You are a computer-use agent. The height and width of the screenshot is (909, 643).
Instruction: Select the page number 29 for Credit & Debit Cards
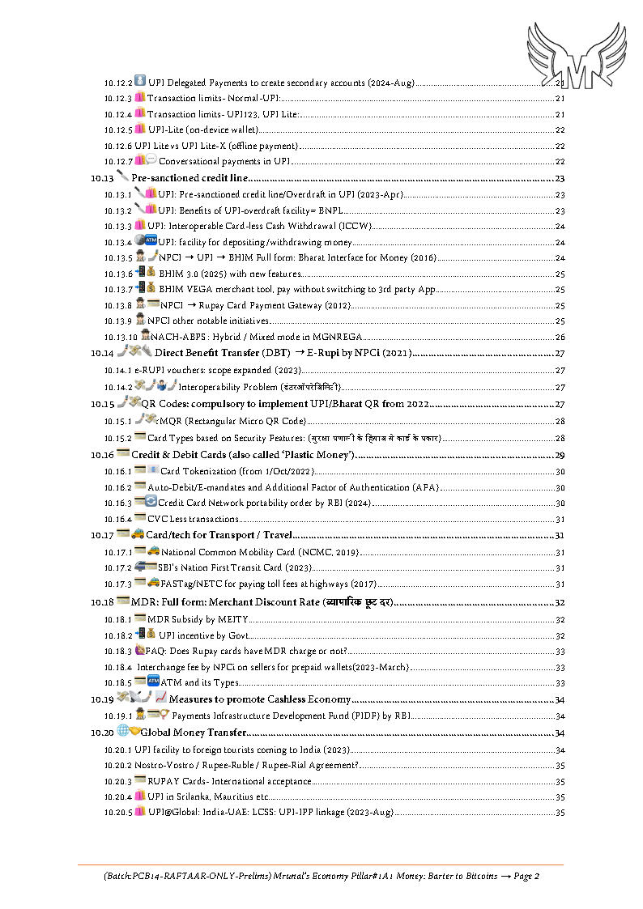click(559, 455)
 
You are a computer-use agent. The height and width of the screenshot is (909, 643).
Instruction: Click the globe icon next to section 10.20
click(122, 732)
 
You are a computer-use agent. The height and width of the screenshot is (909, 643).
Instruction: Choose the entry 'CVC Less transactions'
click(193, 520)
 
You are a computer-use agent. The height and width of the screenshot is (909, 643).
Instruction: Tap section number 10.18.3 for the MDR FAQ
click(117, 651)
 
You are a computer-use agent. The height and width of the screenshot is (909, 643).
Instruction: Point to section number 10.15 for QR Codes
click(101, 404)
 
